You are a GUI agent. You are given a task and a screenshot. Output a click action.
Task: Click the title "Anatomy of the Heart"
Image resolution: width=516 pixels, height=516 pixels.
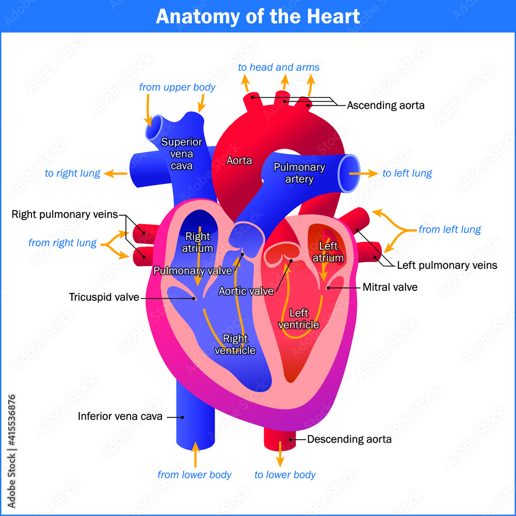(x=258, y=17)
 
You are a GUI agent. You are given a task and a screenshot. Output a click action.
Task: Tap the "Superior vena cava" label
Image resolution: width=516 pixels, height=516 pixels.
(x=181, y=154)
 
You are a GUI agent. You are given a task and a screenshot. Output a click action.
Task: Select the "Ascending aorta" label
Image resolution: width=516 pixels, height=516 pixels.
(x=385, y=105)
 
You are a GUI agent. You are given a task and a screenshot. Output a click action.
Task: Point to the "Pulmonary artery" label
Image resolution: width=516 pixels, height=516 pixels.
(x=299, y=173)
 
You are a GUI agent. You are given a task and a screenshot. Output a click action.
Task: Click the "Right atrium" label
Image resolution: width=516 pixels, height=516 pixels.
(x=198, y=242)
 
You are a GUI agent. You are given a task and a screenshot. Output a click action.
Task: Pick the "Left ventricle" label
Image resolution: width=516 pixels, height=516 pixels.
(x=299, y=319)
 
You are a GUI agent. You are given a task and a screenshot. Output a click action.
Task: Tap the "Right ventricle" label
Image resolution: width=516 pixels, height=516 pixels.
(x=235, y=345)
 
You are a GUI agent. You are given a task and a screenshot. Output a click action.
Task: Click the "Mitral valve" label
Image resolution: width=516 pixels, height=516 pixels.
(x=390, y=287)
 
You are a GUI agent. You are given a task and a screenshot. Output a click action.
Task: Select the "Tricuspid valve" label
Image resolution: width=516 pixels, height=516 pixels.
(x=104, y=297)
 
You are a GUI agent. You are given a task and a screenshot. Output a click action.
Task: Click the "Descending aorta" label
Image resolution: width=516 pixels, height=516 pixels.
(x=349, y=440)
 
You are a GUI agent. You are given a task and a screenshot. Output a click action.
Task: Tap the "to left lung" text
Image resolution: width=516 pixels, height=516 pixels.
(x=407, y=173)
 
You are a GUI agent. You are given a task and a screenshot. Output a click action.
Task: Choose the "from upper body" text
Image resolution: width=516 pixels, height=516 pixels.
(x=177, y=87)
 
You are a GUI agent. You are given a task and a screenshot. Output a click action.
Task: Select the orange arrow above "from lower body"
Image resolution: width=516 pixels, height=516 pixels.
(x=195, y=454)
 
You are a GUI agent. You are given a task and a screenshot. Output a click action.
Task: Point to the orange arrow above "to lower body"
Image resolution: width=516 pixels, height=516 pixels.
(x=280, y=454)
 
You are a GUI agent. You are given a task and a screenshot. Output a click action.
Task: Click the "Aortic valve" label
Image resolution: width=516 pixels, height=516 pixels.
(x=246, y=291)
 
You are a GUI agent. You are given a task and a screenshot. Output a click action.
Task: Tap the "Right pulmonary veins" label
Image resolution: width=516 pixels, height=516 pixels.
(x=64, y=214)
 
